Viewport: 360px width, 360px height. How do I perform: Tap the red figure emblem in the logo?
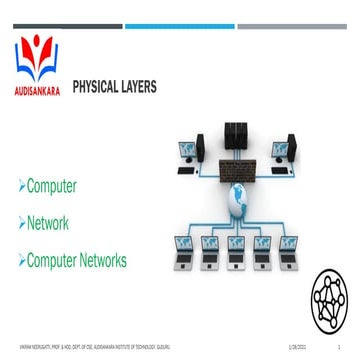41,54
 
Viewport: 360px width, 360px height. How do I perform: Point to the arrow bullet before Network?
22,224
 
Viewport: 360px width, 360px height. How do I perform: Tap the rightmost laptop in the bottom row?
289,245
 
